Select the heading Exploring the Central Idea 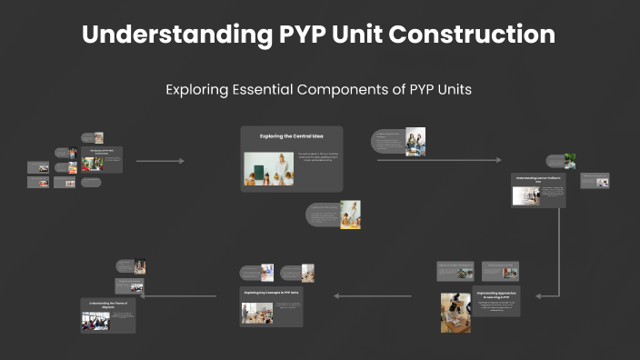tap(291, 136)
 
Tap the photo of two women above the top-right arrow tap(415, 141)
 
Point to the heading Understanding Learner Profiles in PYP tap(540, 180)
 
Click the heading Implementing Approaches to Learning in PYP tap(496, 295)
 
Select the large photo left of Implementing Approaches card tap(455, 312)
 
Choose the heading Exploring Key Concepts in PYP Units tap(271, 293)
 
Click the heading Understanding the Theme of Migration tap(107, 305)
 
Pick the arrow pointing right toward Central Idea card tap(160, 161)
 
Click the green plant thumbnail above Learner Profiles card tap(569, 161)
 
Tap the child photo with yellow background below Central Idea tap(350, 215)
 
